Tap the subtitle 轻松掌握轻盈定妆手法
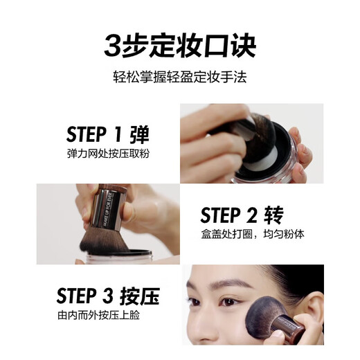click(x=180, y=78)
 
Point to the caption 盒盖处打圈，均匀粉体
click(x=252, y=235)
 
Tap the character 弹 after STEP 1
click(x=139, y=134)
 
